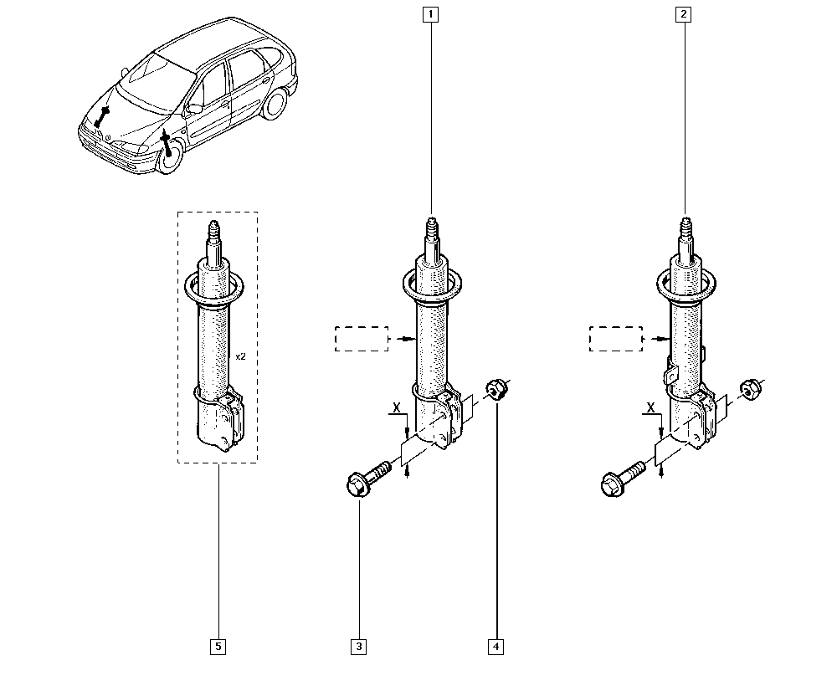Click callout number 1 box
click(430, 14)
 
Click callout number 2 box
click(686, 14)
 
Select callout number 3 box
click(359, 646)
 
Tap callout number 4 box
click(496, 646)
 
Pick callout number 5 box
click(218, 646)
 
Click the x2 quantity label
click(240, 356)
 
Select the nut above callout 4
click(496, 388)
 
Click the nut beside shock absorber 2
click(749, 388)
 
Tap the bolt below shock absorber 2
click(621, 479)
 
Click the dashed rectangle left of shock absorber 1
click(362, 339)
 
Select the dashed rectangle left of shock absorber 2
click(616, 339)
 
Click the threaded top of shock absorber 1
click(431, 228)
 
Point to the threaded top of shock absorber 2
click(686, 228)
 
